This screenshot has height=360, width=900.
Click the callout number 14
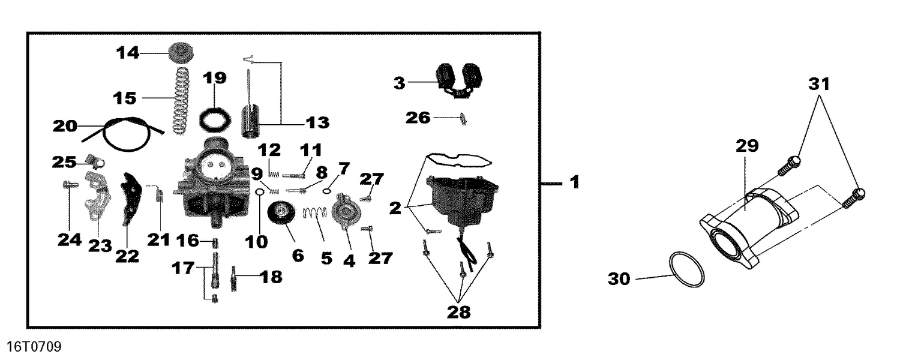point(127,53)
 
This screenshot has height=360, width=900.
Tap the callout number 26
point(418,117)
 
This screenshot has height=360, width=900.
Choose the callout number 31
point(820,85)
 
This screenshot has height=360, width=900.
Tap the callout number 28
point(458,313)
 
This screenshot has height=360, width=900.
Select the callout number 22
point(127,257)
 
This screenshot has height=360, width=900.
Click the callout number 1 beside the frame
point(574,182)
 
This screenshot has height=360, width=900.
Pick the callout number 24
point(69,240)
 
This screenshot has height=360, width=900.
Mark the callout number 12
point(269,149)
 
